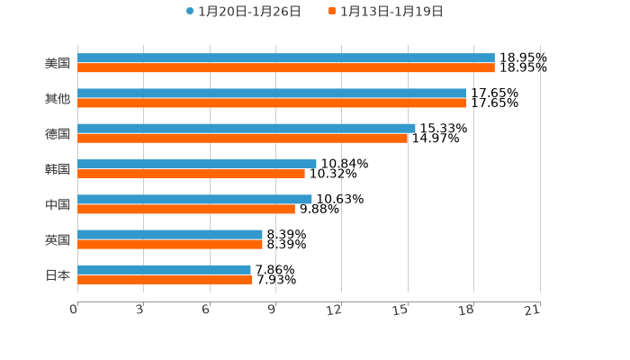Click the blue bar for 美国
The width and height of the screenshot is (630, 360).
pyautogui.click(x=286, y=58)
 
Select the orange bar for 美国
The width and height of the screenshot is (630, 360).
pyautogui.click(x=286, y=67)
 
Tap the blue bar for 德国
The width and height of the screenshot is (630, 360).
pyautogui.click(x=247, y=128)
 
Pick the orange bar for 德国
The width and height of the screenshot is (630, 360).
pyautogui.click(x=243, y=138)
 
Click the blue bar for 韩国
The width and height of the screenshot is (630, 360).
pyautogui.click(x=197, y=164)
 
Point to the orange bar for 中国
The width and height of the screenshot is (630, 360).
pyautogui.click(x=186, y=209)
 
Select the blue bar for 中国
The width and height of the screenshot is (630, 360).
pyautogui.click(x=194, y=199)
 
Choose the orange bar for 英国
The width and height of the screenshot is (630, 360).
pyautogui.click(x=170, y=244)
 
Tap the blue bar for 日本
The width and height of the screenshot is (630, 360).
pyautogui.click(x=164, y=269)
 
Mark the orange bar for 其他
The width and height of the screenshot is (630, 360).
pyautogui.click(x=272, y=103)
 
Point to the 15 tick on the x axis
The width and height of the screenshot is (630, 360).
pyautogui.click(x=400, y=310)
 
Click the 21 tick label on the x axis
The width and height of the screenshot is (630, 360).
pyautogui.click(x=533, y=310)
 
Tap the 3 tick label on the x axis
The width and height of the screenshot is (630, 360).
pyautogui.click(x=139, y=310)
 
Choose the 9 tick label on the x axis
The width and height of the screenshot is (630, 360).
pyautogui.click(x=270, y=310)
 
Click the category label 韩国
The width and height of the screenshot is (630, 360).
pyautogui.click(x=58, y=169)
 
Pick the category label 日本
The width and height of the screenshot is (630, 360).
pyautogui.click(x=58, y=274)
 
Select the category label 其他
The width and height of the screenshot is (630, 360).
pyautogui.click(x=58, y=98)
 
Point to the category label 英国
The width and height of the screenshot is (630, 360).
pyautogui.click(x=58, y=239)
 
